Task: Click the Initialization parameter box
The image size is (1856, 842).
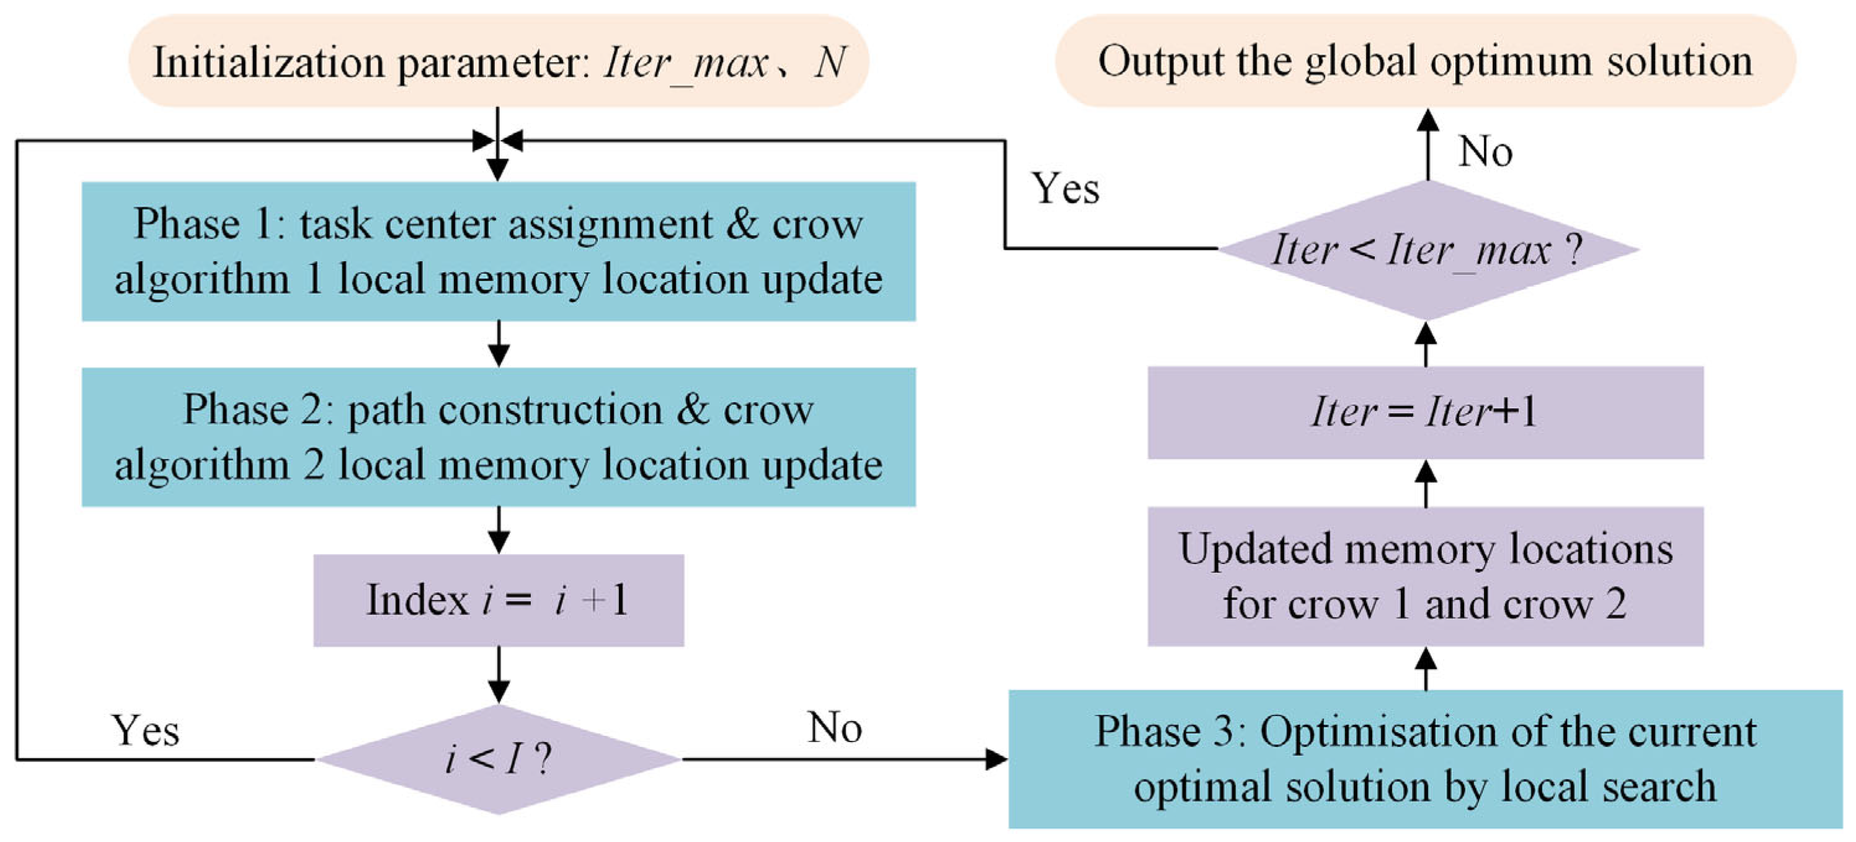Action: (499, 61)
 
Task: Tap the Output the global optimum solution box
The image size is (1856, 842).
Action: (1425, 61)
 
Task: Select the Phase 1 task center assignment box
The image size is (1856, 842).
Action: (499, 251)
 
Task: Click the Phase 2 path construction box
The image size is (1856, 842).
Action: (499, 437)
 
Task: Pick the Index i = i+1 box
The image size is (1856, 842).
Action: (499, 600)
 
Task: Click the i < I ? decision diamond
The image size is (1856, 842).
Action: (499, 759)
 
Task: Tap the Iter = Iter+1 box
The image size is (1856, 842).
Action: (1425, 413)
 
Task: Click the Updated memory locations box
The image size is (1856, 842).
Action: (1425, 576)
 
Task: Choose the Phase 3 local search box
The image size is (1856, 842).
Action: (1425, 759)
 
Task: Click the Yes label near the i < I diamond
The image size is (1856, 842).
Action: (145, 730)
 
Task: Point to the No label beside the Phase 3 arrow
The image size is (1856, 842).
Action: (834, 727)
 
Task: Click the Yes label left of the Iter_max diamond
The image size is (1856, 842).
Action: (1065, 189)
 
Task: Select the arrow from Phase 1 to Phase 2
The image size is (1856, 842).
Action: (499, 344)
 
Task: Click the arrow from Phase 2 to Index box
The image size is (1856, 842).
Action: (499, 530)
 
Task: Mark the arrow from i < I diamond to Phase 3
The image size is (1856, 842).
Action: (843, 759)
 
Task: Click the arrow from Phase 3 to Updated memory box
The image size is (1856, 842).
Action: (1426, 668)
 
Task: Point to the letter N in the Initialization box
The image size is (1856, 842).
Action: (830, 63)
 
